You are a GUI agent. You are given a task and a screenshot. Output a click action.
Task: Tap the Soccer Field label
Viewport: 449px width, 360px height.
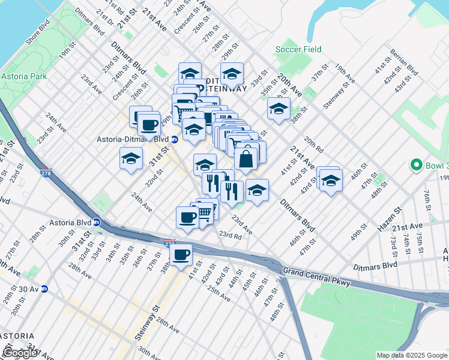(x=298, y=49)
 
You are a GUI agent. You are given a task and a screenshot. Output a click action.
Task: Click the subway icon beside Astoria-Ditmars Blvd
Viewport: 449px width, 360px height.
(x=174, y=139)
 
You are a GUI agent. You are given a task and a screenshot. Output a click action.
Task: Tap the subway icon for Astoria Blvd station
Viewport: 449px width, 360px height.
(x=97, y=222)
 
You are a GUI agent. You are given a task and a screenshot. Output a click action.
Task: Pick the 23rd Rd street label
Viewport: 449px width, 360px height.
(x=230, y=235)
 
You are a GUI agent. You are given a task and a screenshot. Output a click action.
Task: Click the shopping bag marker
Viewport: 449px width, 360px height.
(x=246, y=159)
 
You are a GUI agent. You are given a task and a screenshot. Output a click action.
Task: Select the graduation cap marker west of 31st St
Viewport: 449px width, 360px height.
(x=131, y=160)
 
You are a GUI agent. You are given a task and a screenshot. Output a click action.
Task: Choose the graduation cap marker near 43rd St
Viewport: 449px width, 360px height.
(x=330, y=180)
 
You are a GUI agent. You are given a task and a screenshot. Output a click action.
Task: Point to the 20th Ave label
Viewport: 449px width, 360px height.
(x=289, y=86)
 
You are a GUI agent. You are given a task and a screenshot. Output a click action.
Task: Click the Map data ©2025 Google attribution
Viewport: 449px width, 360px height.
(x=411, y=355)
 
